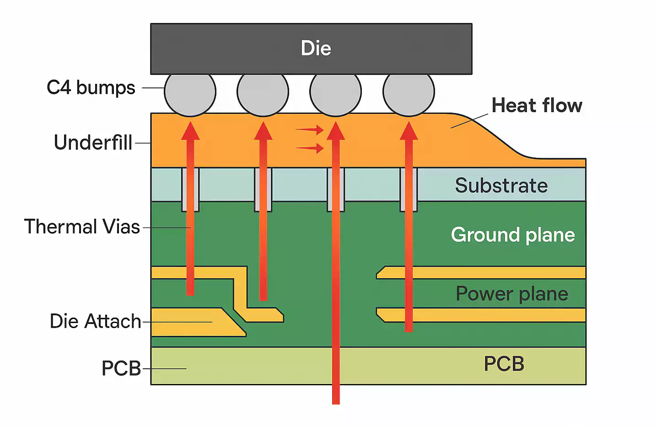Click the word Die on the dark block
point(316,48)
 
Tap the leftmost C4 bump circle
point(190,92)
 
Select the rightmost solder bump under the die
point(409,92)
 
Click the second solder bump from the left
point(263,92)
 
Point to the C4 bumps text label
point(91,87)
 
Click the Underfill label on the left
point(93,142)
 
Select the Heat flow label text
point(537,105)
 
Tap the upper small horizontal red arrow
point(311,130)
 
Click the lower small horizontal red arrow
point(311,148)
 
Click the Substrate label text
point(501,185)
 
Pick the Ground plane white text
point(512,235)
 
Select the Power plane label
point(511,293)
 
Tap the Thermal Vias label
point(82,226)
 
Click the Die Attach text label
point(95,321)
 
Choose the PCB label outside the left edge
point(121,368)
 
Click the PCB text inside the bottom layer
point(504,364)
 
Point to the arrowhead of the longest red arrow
point(335,130)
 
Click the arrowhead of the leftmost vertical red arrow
point(190,130)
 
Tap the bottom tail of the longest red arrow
point(336,400)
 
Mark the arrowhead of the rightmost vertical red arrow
point(409,130)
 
